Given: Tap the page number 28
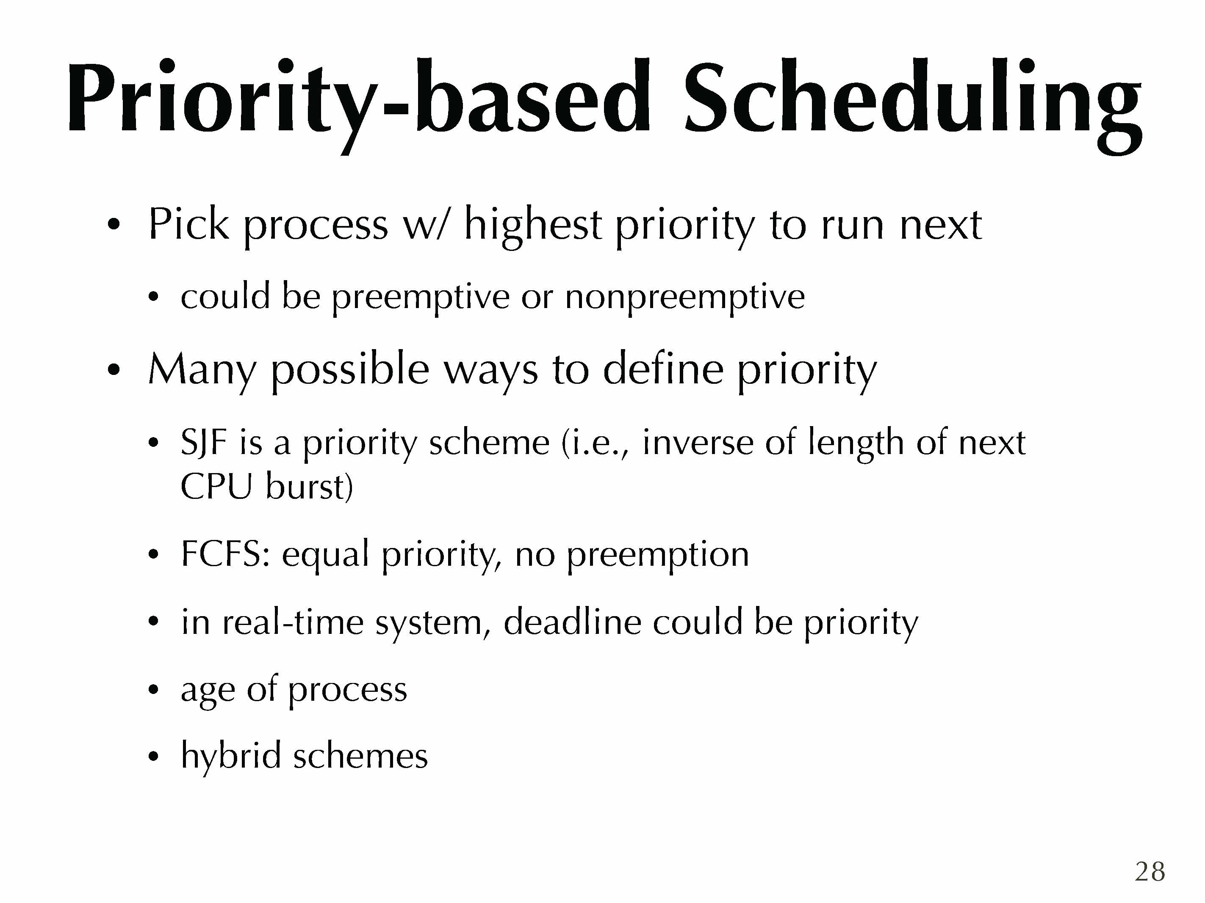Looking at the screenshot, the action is click(x=1150, y=872).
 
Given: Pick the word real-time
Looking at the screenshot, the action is click(x=293, y=622).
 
